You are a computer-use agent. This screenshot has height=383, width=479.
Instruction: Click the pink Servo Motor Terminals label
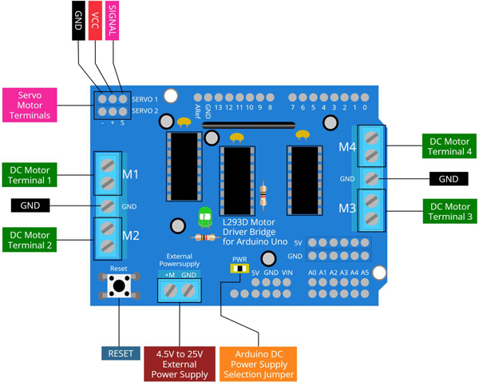click(35, 105)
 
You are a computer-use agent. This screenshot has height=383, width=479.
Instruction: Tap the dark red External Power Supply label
click(180, 363)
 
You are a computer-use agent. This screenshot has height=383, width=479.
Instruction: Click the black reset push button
click(120, 285)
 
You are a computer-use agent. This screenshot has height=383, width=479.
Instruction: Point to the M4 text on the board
click(346, 146)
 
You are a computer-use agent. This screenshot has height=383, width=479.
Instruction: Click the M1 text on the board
click(131, 174)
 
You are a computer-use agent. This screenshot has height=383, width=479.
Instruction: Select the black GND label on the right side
click(449, 178)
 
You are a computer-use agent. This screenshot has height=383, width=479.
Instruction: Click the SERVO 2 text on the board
click(144, 110)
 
